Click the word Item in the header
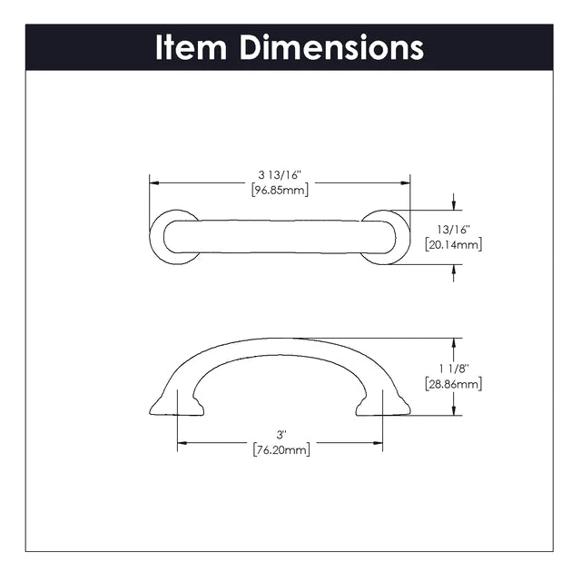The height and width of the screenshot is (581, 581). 191,47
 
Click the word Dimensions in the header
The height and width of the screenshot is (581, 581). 331,47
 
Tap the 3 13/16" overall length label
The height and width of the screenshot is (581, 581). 281,175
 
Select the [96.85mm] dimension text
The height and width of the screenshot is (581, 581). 281,191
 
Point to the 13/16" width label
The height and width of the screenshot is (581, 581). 453,230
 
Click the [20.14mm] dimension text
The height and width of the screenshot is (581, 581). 454,244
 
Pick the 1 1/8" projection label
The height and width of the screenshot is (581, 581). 454,369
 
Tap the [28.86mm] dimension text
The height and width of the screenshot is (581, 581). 454,384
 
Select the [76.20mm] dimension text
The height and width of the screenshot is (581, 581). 281,450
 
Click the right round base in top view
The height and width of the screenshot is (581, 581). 406,237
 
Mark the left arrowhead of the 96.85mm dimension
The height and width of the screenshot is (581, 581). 154,183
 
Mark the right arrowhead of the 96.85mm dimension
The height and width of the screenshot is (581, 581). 406,183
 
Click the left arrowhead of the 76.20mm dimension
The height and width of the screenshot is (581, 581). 182,443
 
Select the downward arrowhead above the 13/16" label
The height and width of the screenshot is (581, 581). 454,205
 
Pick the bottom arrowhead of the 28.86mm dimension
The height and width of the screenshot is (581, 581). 454,410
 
